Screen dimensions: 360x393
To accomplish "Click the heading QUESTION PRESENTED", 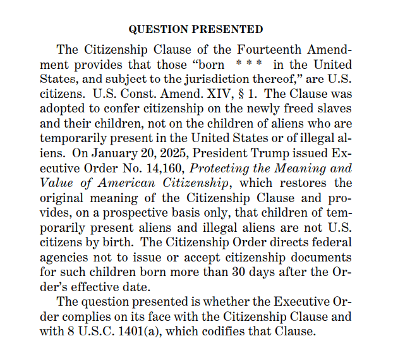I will [x=196, y=29].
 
